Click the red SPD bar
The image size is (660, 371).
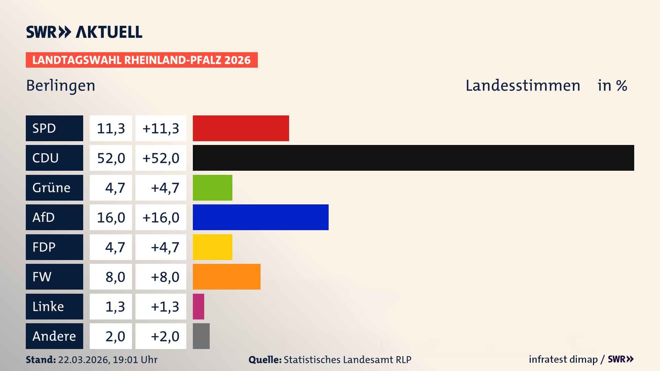coord(241,128)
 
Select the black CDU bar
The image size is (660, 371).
coord(413,158)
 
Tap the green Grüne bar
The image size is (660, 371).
coord(212,188)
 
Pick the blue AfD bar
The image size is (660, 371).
coord(261,217)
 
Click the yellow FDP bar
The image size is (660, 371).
coord(212,247)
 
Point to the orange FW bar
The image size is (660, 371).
coord(227,277)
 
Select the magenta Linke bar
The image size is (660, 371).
coord(198,306)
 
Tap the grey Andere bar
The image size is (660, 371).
coord(201,336)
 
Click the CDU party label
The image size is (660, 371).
coord(54,158)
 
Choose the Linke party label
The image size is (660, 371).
coord(54,306)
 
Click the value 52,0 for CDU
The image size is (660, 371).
coord(111,158)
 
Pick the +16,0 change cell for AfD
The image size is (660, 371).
coord(161,217)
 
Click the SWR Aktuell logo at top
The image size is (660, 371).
coord(84,32)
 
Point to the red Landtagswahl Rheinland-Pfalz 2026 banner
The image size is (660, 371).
coord(141,60)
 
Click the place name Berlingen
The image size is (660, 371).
coord(60,86)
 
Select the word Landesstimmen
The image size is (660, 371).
coord(522,86)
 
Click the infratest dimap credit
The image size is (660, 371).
coord(563,359)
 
